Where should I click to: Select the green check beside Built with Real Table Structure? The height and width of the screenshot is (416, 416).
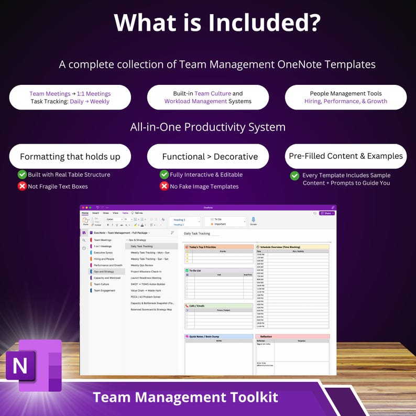click(x=22, y=174)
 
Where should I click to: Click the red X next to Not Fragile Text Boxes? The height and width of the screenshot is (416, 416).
click(x=22, y=186)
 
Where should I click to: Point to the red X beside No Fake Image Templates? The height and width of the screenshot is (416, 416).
click(x=164, y=186)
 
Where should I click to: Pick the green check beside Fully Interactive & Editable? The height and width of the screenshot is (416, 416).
click(x=164, y=174)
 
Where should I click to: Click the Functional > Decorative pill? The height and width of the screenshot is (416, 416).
click(x=208, y=156)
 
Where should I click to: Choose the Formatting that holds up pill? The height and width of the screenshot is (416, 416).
click(x=70, y=156)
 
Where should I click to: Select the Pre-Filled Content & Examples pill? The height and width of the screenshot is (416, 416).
click(x=346, y=156)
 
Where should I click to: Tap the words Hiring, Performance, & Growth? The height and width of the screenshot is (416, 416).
click(x=346, y=101)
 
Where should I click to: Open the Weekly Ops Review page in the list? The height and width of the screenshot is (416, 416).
click(x=142, y=265)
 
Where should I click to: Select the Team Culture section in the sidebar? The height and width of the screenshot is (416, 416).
click(x=102, y=284)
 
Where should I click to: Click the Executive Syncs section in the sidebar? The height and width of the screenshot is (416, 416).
click(x=103, y=253)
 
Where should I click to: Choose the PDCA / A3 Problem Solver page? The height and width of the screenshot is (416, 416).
click(x=145, y=297)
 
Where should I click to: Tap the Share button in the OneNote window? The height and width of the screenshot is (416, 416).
click(x=326, y=213)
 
